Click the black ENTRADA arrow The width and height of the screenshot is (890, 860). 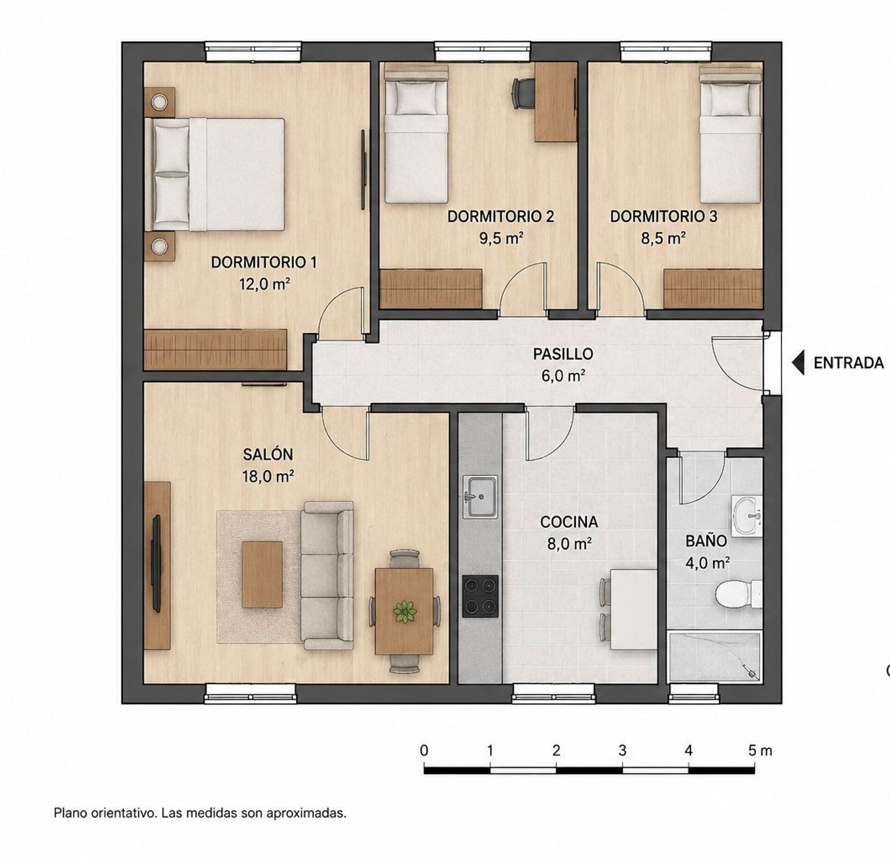[x=799, y=362]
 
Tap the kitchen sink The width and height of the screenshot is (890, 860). [x=480, y=497]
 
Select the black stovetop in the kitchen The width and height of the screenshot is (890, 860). [x=480, y=596]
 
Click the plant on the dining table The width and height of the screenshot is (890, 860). [x=405, y=611]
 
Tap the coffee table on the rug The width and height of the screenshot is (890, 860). [x=262, y=574]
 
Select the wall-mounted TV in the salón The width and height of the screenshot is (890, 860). [x=157, y=563]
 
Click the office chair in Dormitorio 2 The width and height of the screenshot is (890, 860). [x=523, y=93]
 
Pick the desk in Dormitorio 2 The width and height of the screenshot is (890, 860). [x=556, y=102]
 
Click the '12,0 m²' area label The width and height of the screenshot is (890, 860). [x=264, y=284]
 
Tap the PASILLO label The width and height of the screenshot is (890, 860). [x=563, y=354]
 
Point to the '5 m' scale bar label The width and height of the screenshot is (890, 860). [x=760, y=750]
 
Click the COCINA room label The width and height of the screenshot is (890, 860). [x=569, y=523]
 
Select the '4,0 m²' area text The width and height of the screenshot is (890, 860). [x=707, y=563]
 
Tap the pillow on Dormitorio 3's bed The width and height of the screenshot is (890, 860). [x=730, y=98]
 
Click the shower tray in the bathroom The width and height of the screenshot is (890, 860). [x=714, y=657]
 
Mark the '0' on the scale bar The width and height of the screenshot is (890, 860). [x=424, y=750]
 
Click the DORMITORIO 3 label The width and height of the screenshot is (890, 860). [x=663, y=216]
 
